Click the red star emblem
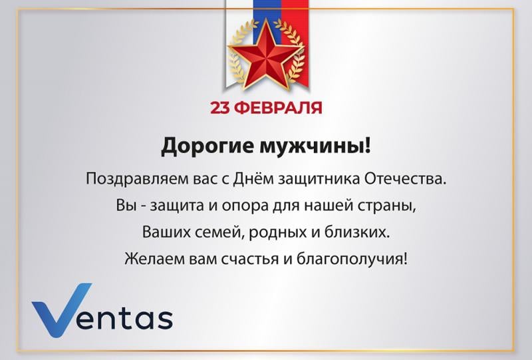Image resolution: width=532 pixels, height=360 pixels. (x=267, y=55)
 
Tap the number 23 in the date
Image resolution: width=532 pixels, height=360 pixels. (x=221, y=108)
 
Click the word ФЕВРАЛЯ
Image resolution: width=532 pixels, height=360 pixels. (x=278, y=108)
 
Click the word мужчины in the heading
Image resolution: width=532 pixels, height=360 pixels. (x=312, y=146)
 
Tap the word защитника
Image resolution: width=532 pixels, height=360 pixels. (x=319, y=179)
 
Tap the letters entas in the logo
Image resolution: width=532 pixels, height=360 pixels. (x=124, y=319)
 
